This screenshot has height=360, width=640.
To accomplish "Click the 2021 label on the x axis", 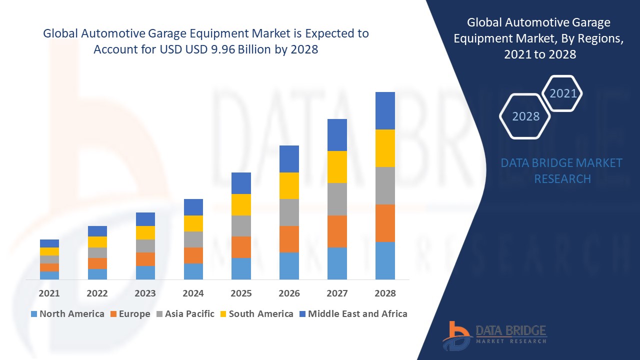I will point(49,293).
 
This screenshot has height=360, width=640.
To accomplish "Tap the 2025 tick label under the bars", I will point(241,293).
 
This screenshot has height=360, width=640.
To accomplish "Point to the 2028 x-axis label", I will point(385,293).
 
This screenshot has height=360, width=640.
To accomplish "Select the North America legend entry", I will point(67,314).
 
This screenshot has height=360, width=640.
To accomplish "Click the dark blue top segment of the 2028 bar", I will point(385,110).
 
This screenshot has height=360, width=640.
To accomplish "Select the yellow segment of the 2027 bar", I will point(337,166).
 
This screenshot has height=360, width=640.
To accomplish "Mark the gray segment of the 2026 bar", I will point(289,212).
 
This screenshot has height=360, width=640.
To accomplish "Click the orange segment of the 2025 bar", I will point(241,247).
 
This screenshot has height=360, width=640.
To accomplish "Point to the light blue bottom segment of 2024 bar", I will point(193,271).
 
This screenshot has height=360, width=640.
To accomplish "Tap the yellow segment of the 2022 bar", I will point(97,242).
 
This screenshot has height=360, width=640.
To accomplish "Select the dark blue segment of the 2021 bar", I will point(49,243).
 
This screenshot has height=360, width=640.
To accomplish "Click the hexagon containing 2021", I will point(562,93).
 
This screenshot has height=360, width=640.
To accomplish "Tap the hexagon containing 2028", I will point(525,116).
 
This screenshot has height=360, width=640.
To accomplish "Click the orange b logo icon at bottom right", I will point(456,334).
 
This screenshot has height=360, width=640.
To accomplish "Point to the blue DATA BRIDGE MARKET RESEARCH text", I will point(562,170).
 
